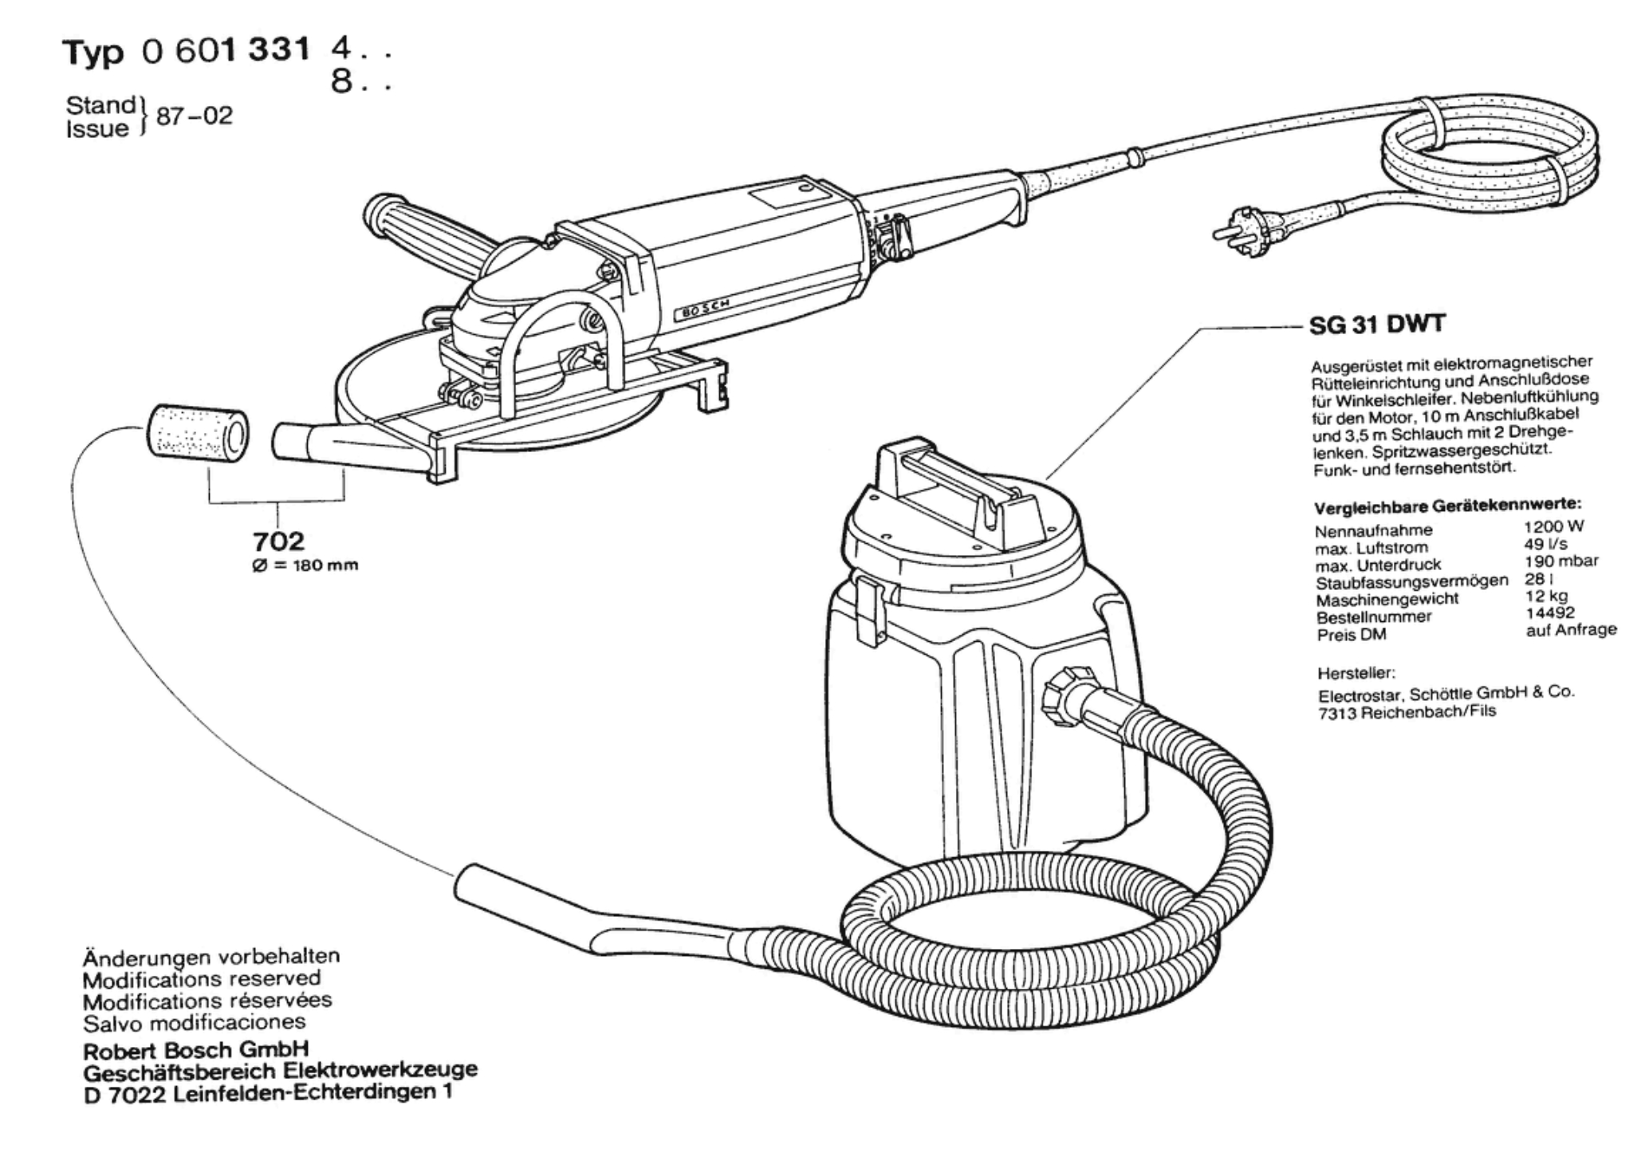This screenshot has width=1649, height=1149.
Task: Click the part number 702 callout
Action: pos(278,541)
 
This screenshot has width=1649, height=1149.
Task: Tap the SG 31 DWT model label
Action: pos(1377,325)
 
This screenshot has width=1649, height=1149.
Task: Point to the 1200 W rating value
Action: pos(1553,527)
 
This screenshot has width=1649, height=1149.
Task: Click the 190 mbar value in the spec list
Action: pos(1560,561)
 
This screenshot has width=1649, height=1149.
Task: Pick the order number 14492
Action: pos(1549,612)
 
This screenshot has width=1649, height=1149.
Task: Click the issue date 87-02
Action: pos(195,116)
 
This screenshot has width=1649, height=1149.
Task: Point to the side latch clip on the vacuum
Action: pos(869,609)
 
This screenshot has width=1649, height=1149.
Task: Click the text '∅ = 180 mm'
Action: pos(304,566)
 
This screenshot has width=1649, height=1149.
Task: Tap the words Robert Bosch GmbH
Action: pos(196,1049)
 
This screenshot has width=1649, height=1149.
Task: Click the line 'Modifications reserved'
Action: pos(202,978)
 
